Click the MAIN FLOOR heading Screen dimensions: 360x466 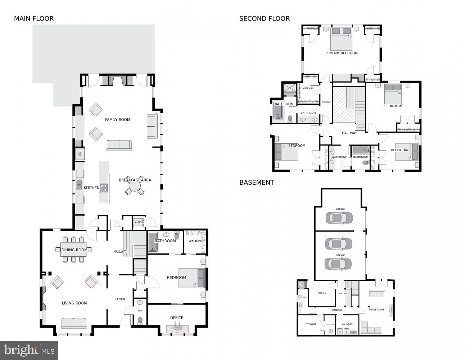(x=34, y=19)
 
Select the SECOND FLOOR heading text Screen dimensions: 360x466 (x=264, y=19)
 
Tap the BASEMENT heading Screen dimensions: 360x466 (x=257, y=183)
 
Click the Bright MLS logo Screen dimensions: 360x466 (x=29, y=350)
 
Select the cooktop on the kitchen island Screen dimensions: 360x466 (x=104, y=188)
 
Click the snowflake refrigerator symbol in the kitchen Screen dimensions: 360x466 (x=80, y=154)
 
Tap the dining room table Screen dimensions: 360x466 (x=73, y=250)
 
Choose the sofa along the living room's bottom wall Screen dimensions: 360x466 (x=74, y=323)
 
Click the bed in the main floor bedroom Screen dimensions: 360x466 (x=192, y=278)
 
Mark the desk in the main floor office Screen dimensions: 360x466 (x=177, y=328)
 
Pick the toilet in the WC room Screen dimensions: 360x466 (x=140, y=320)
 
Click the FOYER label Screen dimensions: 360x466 (x=120, y=299)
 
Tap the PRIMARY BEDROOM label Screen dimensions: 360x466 (x=341, y=53)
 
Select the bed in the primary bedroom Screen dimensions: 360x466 (x=341, y=39)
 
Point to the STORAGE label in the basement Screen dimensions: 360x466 (x=311, y=324)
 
